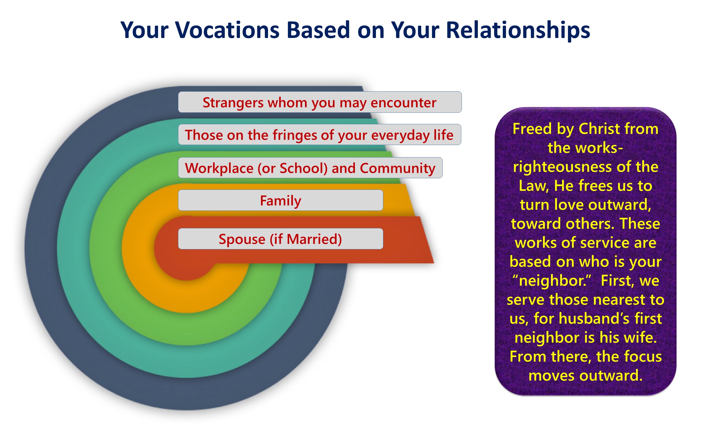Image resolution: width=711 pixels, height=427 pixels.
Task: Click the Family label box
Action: point(281,200)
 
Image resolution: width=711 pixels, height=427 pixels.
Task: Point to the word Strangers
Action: point(233,103)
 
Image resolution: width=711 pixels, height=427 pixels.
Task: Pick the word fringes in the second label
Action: point(295,136)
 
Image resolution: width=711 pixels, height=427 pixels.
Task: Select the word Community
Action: point(398,169)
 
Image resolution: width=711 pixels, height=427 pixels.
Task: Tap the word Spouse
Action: point(242,240)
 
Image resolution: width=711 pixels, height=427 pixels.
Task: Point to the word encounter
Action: point(403,103)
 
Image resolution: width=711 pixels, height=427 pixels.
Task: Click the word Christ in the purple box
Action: point(599,129)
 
